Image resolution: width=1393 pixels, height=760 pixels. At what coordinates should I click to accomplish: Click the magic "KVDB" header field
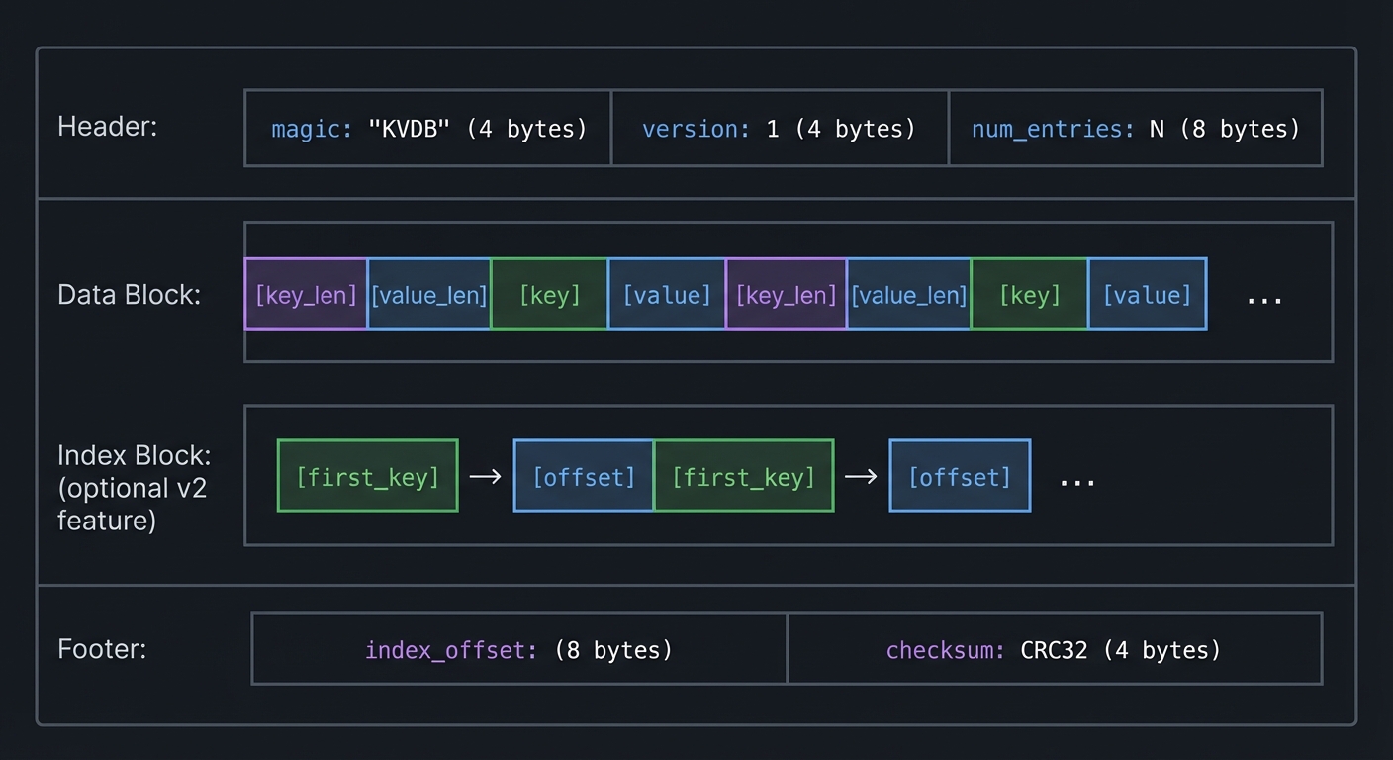(427, 129)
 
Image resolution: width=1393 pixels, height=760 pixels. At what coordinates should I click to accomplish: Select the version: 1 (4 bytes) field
(779, 129)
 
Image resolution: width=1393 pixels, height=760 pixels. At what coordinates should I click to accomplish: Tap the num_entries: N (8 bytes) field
(1135, 129)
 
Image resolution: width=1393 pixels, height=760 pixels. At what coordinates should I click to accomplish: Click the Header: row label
(107, 127)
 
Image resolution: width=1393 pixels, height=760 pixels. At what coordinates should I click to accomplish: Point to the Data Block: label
(129, 295)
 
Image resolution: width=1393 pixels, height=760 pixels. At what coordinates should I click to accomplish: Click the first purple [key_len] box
(306, 294)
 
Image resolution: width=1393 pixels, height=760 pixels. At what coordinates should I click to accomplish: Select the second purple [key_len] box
(786, 294)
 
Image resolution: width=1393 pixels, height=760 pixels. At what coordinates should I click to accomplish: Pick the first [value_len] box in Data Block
(428, 294)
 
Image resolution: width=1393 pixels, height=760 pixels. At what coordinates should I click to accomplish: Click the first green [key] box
(549, 294)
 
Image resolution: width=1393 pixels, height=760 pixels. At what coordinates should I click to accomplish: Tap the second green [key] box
(1029, 294)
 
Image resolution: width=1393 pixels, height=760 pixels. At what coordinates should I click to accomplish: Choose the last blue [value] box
(1147, 294)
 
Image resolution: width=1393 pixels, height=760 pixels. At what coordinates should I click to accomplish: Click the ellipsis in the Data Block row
(1263, 298)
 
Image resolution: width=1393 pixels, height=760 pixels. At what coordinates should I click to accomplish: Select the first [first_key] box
(367, 476)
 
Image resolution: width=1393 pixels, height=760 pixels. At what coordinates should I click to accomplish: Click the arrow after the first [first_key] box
(485, 477)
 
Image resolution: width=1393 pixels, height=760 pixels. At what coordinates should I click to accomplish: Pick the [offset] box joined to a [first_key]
(584, 476)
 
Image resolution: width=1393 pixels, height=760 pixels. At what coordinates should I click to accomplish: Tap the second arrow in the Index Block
(861, 477)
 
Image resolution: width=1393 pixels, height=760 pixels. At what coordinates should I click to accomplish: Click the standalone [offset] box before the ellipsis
(960, 476)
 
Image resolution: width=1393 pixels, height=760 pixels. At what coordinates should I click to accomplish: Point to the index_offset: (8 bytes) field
(518, 649)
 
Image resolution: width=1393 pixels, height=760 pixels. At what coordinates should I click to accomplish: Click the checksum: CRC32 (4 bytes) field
(1054, 649)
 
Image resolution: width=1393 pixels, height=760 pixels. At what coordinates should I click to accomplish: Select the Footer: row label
(102, 649)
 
